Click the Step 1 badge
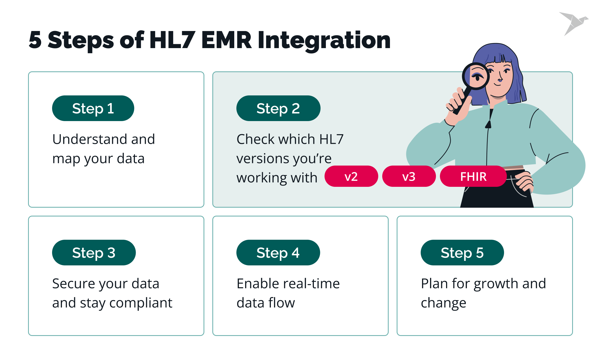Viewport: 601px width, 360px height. pos(93,108)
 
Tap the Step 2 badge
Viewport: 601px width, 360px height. pos(278,108)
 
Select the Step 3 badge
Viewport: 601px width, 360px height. pos(94,253)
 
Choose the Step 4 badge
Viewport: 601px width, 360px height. pos(278,253)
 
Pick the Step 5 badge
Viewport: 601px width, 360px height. pos(462,253)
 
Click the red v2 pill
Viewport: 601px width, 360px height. pos(351,176)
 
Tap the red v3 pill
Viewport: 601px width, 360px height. pos(409,176)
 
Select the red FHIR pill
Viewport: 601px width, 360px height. pos(473,176)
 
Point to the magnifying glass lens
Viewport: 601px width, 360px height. pos(476,76)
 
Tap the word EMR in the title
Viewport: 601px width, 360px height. pos(226,40)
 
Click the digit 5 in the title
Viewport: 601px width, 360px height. pos(35,40)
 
